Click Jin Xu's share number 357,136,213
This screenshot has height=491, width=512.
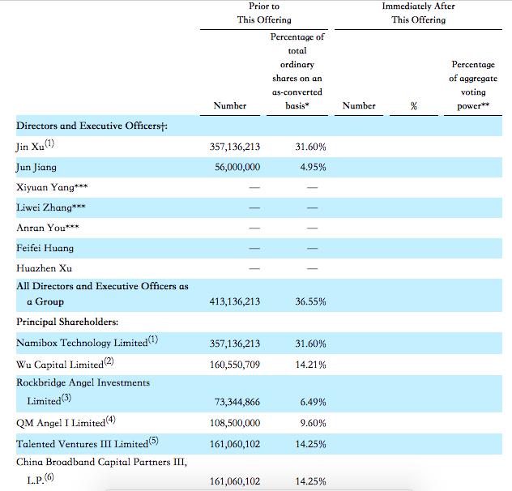[x=235, y=147]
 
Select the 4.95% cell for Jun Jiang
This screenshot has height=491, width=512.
[x=314, y=167]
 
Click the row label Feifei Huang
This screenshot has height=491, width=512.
[x=45, y=248]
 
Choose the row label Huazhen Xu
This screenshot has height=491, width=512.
[x=44, y=268]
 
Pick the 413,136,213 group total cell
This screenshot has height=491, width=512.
[x=235, y=301]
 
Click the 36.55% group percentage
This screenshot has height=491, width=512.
[x=310, y=301]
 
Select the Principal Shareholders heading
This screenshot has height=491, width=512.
[x=67, y=322]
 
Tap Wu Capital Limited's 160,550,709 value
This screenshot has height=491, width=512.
[x=235, y=365]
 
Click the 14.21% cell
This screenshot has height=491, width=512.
[x=310, y=365]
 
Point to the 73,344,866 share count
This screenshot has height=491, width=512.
[x=237, y=402]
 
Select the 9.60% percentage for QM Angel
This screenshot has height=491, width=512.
[x=314, y=423]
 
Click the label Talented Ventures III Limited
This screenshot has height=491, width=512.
[x=83, y=444]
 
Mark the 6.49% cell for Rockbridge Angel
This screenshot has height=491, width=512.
[x=314, y=402]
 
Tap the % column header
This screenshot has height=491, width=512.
[x=414, y=106]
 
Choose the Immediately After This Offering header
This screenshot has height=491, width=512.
[x=419, y=13]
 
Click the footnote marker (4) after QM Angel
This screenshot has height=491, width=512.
[x=110, y=420]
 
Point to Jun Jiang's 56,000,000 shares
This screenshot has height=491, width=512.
[x=237, y=167]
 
